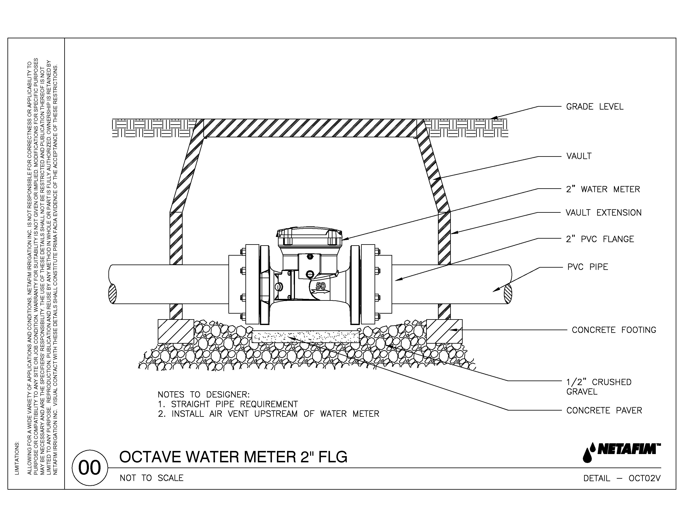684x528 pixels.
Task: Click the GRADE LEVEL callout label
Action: coord(594,107)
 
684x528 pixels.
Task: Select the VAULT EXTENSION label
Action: coord(603,213)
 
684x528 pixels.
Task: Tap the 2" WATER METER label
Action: coord(603,189)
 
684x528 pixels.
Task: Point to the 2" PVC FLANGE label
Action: coord(600,239)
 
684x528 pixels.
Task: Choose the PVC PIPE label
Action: coord(588,267)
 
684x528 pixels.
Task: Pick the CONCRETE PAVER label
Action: coord(604,410)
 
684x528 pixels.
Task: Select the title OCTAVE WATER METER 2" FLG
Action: coord(233,457)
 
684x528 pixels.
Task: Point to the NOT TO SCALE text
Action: coord(152,478)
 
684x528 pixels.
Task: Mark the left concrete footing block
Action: coord(176,331)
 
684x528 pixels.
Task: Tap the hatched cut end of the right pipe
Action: coord(508,294)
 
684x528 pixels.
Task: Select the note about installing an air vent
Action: coord(268,414)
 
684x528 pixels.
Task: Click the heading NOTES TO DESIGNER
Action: coord(204,394)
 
